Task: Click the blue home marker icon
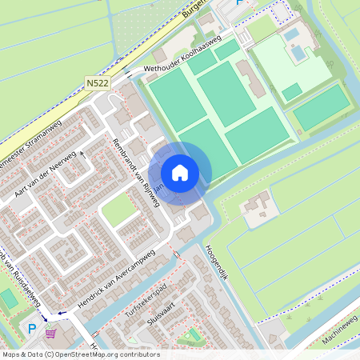[180, 172]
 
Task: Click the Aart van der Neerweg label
[44, 174]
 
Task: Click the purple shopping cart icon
[52, 334]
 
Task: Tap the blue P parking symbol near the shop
[33, 329]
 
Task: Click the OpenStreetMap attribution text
[80, 354]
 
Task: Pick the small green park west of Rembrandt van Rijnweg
[118, 210]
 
